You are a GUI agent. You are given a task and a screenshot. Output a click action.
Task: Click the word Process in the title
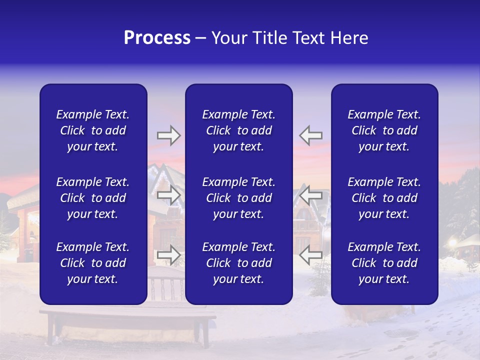click(157, 38)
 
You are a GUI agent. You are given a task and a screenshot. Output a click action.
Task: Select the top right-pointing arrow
click(168, 135)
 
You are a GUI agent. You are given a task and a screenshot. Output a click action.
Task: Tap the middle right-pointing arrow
click(168, 195)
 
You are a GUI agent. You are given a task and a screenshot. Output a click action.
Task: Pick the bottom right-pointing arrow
click(168, 255)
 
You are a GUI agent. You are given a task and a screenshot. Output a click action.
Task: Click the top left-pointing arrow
click(310, 135)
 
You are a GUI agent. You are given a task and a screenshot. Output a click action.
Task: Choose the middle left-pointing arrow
click(310, 195)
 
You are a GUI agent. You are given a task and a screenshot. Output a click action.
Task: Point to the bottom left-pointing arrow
click(310, 255)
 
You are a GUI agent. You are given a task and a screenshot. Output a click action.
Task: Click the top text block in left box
click(93, 130)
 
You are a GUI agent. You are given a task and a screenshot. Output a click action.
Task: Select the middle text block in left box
click(93, 198)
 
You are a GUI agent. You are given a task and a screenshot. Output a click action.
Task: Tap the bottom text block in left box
click(93, 263)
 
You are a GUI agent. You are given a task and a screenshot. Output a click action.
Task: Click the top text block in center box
click(238, 130)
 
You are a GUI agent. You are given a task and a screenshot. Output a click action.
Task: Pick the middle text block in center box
click(238, 198)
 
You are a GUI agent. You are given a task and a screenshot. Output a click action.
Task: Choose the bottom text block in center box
click(238, 263)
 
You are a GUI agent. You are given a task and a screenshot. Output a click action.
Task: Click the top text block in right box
click(384, 130)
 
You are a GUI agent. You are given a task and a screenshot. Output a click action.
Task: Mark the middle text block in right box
click(384, 198)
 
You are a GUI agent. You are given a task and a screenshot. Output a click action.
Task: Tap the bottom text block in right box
click(384, 263)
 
